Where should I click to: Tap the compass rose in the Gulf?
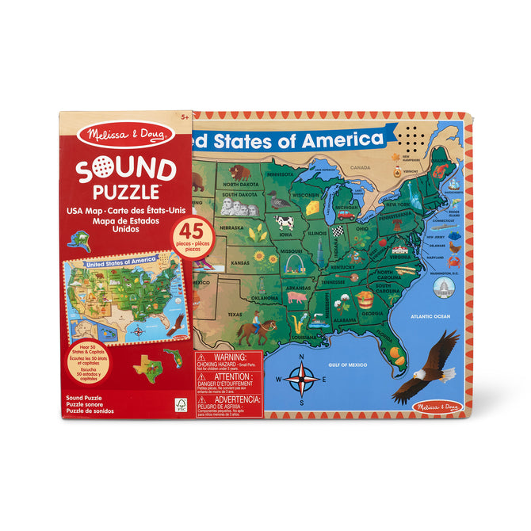click(x=301, y=380)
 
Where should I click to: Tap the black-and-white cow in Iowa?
click(x=285, y=223)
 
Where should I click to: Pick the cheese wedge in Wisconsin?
click(x=312, y=206)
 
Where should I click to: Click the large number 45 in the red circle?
click(x=189, y=230)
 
